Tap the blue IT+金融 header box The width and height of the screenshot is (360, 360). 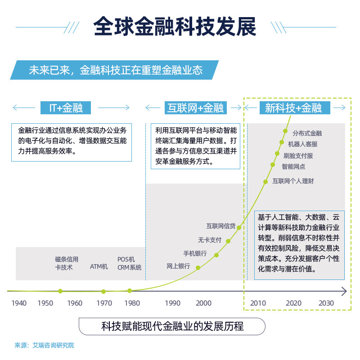click(x=66, y=108)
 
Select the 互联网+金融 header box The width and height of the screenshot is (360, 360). click(x=195, y=108)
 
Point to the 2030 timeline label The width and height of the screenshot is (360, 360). click(x=326, y=303)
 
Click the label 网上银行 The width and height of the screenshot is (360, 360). click(x=178, y=266)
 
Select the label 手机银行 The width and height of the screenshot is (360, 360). click(x=195, y=253)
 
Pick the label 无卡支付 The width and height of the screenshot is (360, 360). click(x=210, y=240)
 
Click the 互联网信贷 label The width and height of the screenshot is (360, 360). click(x=221, y=226)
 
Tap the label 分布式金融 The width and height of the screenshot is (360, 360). click(x=307, y=133)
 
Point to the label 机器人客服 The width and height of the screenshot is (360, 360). click(x=302, y=144)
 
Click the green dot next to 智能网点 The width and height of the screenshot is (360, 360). click(x=273, y=165)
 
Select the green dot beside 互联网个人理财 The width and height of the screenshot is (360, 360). click(x=266, y=181)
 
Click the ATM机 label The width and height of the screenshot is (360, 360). click(x=99, y=266)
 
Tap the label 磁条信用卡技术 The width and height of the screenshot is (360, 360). click(x=67, y=263)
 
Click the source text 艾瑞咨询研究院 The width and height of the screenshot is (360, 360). click(x=53, y=346)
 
